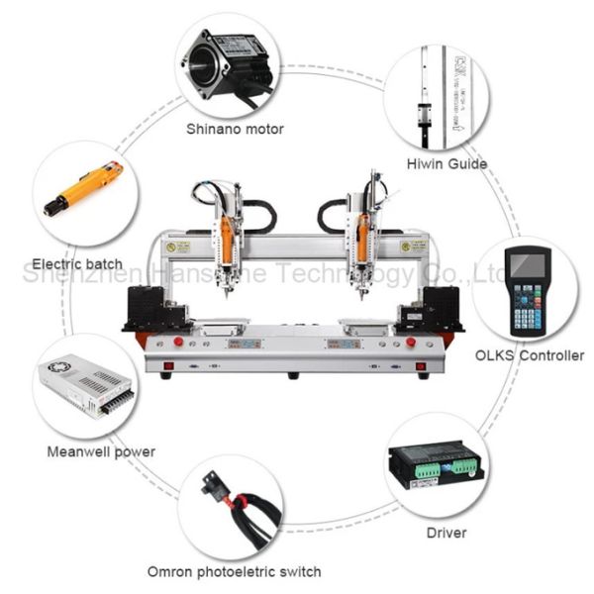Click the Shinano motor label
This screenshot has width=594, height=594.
click(235, 129)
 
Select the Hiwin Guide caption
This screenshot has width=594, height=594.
click(445, 163)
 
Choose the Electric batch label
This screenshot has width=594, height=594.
click(77, 264)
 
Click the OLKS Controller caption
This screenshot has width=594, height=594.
click(530, 355)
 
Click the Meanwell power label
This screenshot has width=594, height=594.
click(101, 452)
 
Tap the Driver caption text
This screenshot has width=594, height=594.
click(445, 534)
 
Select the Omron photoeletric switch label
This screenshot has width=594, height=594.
click(234, 571)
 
